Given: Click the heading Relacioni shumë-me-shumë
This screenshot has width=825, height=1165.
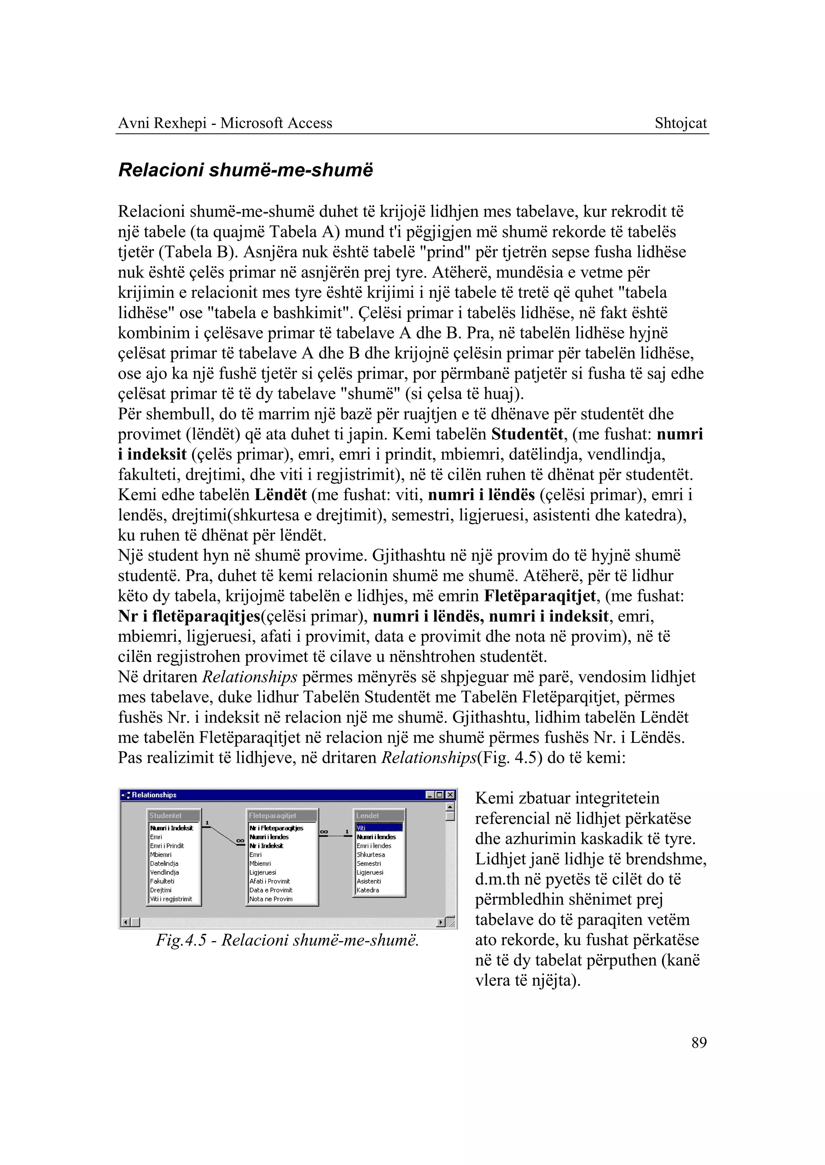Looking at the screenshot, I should (245, 170).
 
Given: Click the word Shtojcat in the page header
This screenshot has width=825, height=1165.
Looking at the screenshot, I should (680, 123).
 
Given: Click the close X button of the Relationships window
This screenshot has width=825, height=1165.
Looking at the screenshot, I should (450, 795).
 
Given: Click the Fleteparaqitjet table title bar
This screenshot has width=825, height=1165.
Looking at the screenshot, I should (281, 815).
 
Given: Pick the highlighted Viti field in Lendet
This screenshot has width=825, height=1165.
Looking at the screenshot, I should (379, 828).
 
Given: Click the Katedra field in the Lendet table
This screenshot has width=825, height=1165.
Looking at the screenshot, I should (368, 890).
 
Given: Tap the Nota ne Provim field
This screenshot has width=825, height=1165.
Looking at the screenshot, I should (271, 899).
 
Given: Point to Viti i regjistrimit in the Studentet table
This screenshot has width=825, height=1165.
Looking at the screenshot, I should (171, 899).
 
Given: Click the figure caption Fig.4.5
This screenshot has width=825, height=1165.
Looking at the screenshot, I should (287, 941).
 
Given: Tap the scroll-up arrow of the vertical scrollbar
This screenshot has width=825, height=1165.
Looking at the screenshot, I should (450, 807).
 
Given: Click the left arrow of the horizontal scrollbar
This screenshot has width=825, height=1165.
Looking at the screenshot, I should (126, 922).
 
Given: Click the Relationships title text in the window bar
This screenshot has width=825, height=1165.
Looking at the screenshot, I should (154, 795).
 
